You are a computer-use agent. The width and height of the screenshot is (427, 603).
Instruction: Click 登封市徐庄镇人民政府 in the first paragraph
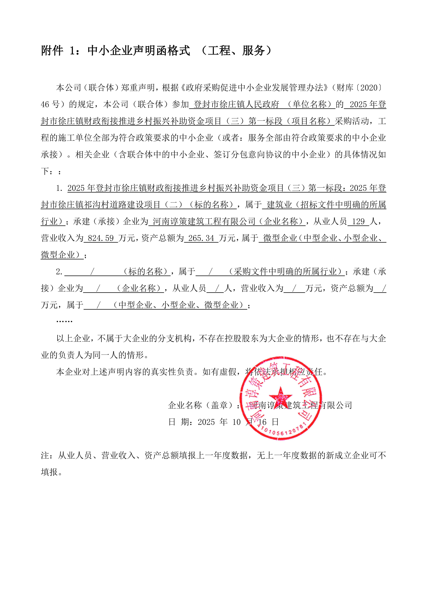pyautogui.click(x=236, y=104)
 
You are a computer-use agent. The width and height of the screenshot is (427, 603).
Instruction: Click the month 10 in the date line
pyautogui.click(x=236, y=422)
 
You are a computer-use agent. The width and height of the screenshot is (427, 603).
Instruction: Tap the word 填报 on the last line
pyautogui.click(x=49, y=472)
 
